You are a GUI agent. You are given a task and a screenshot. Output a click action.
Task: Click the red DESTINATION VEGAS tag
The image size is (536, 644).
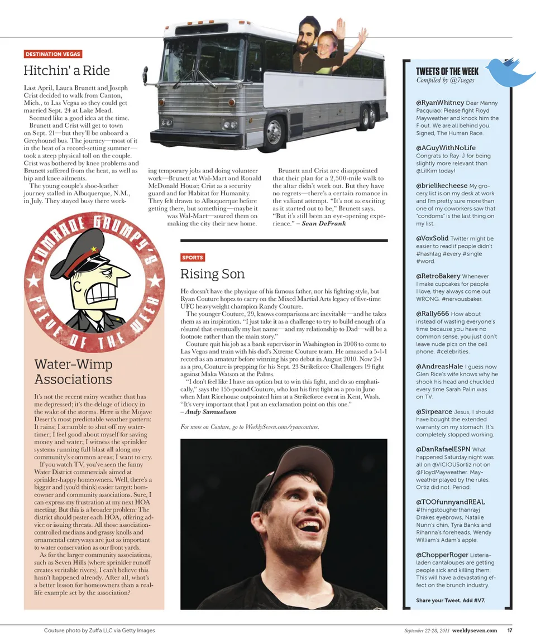[x=53, y=54]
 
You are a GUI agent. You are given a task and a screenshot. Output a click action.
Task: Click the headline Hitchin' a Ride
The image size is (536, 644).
[x=66, y=71]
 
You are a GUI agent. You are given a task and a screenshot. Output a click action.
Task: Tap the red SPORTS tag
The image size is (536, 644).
[x=193, y=257]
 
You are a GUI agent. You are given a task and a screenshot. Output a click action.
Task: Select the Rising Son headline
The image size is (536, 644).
[x=212, y=274]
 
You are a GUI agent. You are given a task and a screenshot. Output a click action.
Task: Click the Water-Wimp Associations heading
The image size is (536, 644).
[x=73, y=372]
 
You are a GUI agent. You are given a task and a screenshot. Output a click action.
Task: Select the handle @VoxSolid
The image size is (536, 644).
[x=432, y=238]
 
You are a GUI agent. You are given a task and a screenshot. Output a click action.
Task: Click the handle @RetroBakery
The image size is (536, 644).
[x=438, y=276]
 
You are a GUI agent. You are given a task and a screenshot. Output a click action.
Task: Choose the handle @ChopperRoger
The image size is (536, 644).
[x=442, y=555]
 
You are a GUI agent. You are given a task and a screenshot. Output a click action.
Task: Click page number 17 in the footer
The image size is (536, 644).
[x=509, y=631]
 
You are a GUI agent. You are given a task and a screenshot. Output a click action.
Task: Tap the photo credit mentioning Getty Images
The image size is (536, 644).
[x=99, y=631]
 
